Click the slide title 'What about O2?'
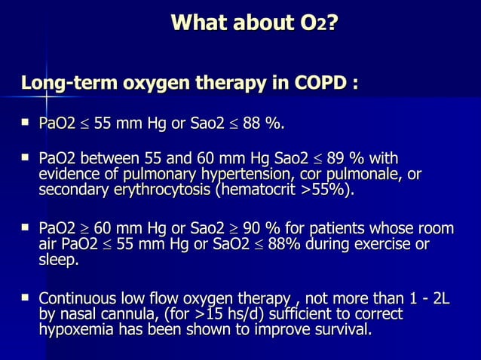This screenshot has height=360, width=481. click(254, 23)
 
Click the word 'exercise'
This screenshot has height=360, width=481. click(384, 245)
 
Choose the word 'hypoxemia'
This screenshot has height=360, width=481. click(75, 330)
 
